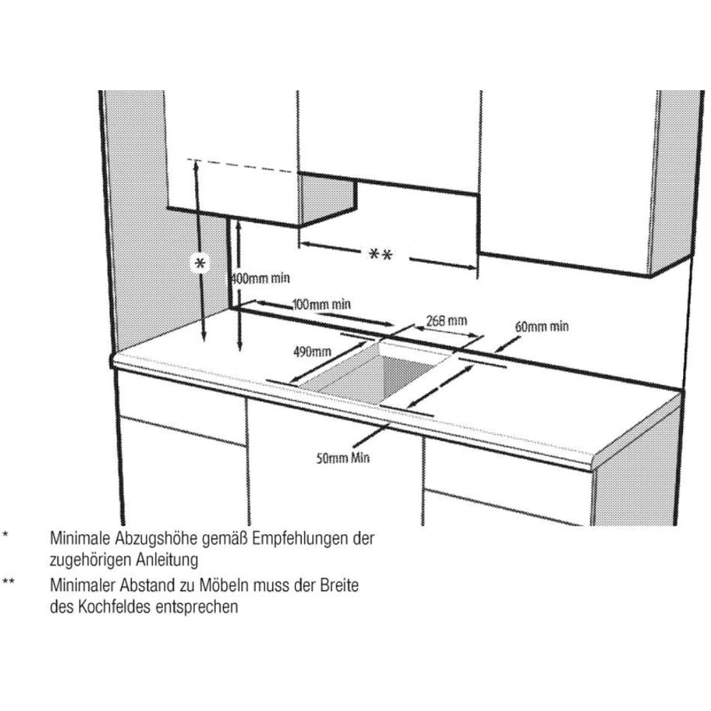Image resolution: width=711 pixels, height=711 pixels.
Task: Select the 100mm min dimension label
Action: tap(321, 305)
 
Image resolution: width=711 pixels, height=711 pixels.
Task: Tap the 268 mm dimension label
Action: tap(447, 321)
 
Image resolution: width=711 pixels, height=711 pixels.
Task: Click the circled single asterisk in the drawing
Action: tap(200, 264)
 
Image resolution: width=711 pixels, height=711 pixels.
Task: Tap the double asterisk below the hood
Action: tap(380, 254)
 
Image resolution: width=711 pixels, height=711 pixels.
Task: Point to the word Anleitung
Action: tap(165, 560)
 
